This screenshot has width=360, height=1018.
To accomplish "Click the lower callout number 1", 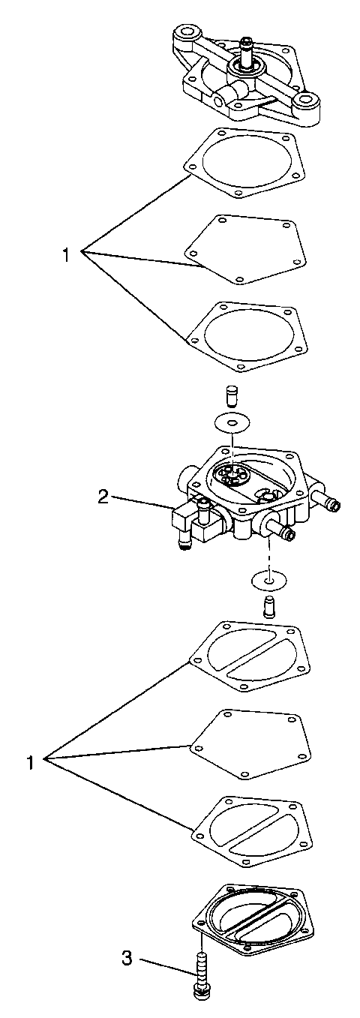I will tap(31, 762).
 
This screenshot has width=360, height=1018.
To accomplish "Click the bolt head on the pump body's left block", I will tap(202, 503).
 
